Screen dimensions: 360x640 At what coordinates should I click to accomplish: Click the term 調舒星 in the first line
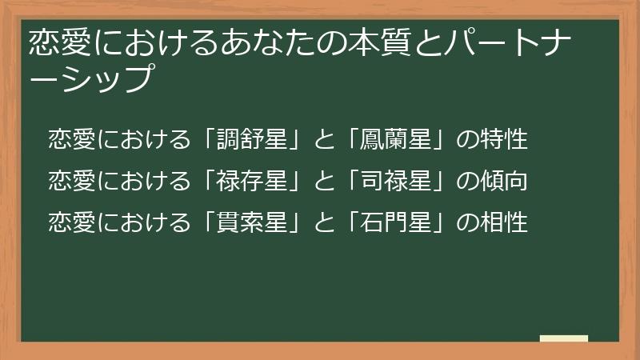pyautogui.click(x=252, y=139)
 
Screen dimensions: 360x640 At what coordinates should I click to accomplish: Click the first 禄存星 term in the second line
pyautogui.click(x=252, y=181)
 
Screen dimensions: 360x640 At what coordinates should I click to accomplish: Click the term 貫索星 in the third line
pyautogui.click(x=252, y=222)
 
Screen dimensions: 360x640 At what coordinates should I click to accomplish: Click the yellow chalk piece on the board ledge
pyautogui.click(x=563, y=338)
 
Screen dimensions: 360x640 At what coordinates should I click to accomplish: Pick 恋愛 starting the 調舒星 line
pyautogui.click(x=71, y=139)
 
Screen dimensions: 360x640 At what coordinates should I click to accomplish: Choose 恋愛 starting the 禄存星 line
pyautogui.click(x=71, y=181)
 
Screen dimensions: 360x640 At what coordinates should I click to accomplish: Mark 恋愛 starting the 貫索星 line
pyautogui.click(x=71, y=222)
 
